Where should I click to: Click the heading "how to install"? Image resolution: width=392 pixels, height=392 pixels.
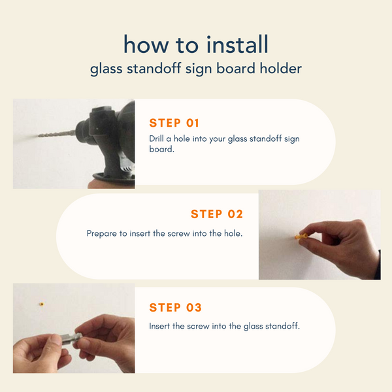(196, 44)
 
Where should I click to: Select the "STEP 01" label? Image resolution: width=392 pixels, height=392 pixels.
(174, 123)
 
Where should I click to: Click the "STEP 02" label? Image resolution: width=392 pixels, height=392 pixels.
(217, 214)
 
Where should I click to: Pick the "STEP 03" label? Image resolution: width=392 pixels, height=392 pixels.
(175, 308)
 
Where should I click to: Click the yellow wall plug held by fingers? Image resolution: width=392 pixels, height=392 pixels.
(301, 236)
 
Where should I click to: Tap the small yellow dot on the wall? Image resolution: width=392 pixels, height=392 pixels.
(42, 304)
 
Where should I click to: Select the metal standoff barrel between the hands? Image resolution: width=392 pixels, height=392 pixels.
(70, 340)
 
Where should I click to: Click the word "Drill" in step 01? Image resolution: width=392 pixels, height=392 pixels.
(156, 139)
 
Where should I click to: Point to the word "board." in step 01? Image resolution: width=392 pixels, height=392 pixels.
(161, 149)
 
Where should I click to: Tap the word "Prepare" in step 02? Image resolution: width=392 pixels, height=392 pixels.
(101, 233)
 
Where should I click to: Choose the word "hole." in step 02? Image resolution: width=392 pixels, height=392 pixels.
(233, 233)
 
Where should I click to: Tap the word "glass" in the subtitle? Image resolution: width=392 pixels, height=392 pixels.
(106, 69)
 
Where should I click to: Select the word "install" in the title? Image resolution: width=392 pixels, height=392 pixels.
(237, 44)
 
